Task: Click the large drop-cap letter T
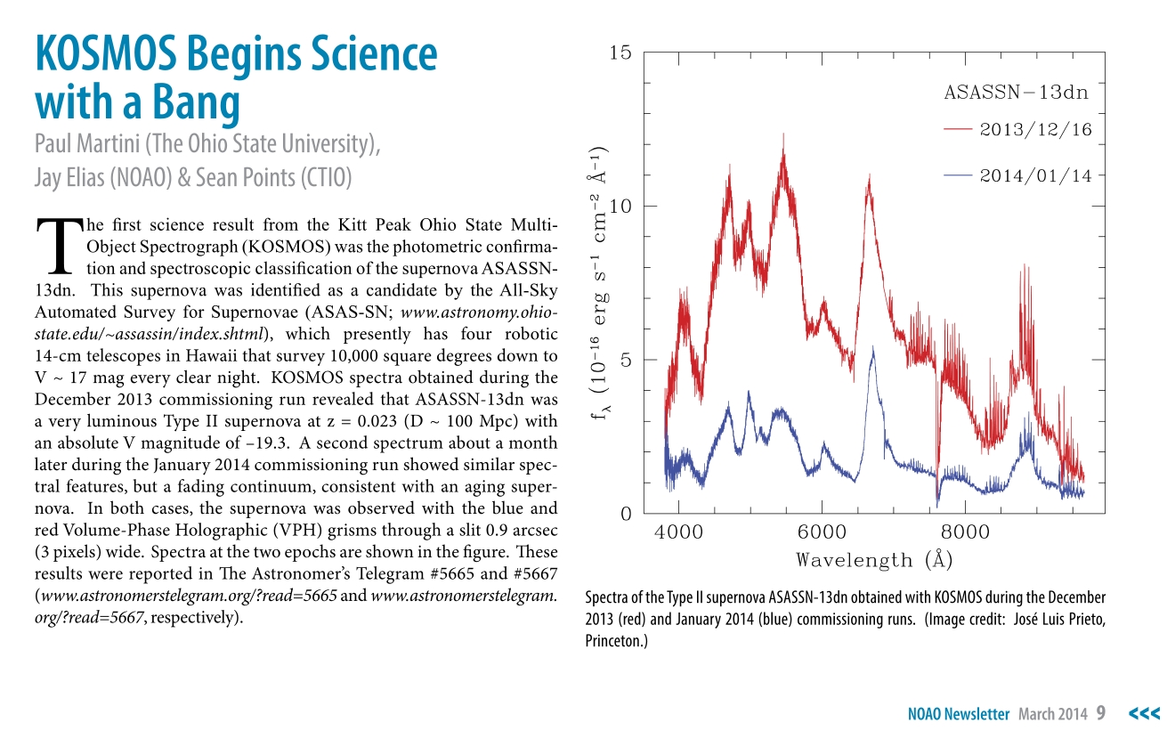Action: coord(57,245)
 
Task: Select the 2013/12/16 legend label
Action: coord(1035,130)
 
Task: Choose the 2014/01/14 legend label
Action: coord(1035,176)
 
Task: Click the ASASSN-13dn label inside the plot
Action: coord(1016,93)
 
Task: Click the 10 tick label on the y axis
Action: coord(620,207)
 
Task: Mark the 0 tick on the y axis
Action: coord(625,515)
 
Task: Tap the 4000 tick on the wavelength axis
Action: coord(678,532)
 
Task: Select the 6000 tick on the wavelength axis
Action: coord(822,532)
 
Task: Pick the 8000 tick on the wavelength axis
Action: coord(965,532)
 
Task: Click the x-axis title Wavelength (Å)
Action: coord(874,560)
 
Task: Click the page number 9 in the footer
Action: coord(1101,713)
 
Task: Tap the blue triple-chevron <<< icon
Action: coord(1144,713)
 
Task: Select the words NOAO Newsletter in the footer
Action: coord(959,714)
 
